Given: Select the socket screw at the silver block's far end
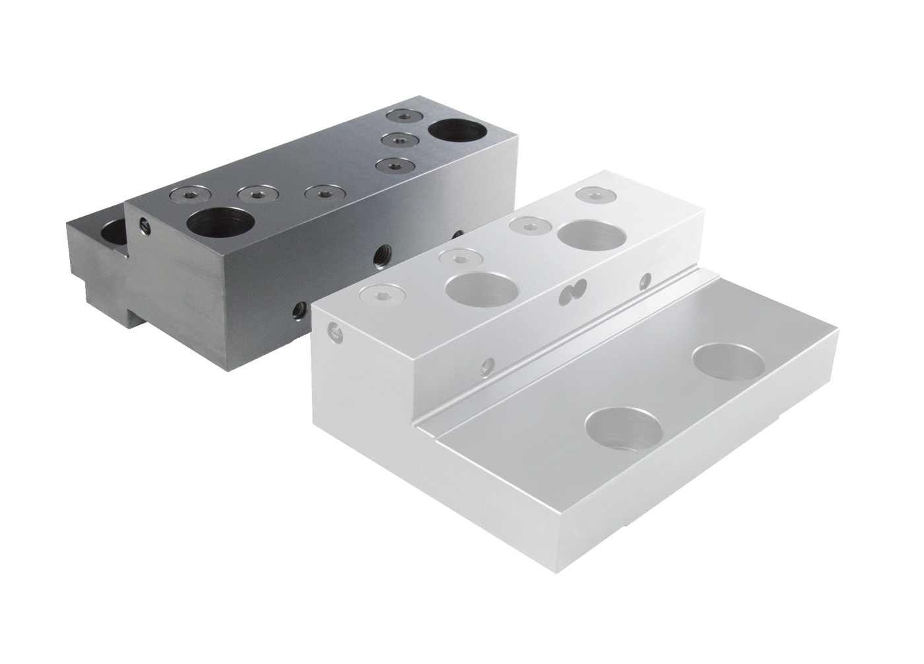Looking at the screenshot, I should pos(593,194).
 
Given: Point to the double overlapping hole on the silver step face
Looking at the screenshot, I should pos(572,291).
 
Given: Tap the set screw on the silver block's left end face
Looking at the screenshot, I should pos(337,333).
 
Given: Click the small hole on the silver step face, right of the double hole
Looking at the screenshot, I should pos(645,280).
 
